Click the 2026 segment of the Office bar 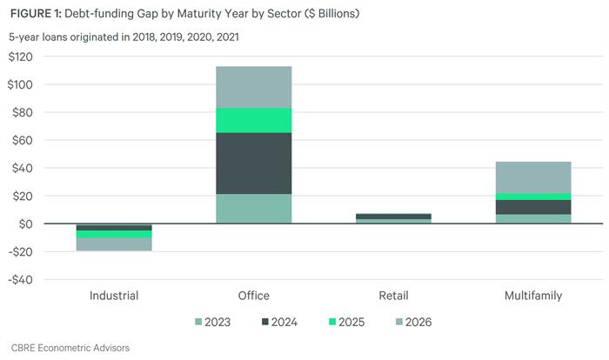(254, 87)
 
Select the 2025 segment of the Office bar (254, 120)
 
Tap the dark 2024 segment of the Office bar (254, 163)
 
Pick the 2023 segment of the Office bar (254, 209)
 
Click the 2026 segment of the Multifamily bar (533, 177)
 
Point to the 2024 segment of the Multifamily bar (533, 207)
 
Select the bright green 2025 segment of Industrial (114, 234)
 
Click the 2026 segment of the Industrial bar (114, 244)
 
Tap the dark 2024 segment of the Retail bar (393, 217)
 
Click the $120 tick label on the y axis (21, 57)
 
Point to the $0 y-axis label (26, 224)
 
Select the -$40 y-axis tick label (21, 280)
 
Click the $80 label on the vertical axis (23, 113)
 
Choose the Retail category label (393, 296)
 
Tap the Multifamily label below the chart (533, 296)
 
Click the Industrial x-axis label (114, 296)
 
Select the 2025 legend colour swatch (332, 322)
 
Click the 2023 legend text (217, 322)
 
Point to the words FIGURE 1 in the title (36, 14)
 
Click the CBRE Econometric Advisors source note (70, 348)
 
